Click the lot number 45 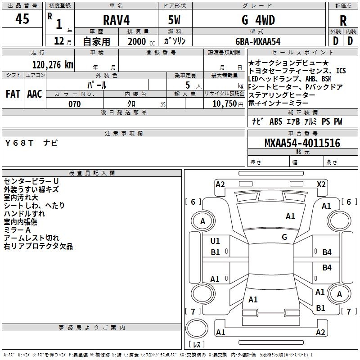point(22,19)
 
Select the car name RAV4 point(115,20)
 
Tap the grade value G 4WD point(258,20)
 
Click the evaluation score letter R point(343,20)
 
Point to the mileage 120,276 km point(52,65)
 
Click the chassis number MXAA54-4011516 point(302,144)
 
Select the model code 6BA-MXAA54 point(258,41)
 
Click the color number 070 point(74,104)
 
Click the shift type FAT point(13,94)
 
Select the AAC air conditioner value point(34,94)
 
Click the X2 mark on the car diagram point(321,184)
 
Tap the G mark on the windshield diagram point(284,237)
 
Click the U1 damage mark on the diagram point(215,241)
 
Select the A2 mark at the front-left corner point(220,184)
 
